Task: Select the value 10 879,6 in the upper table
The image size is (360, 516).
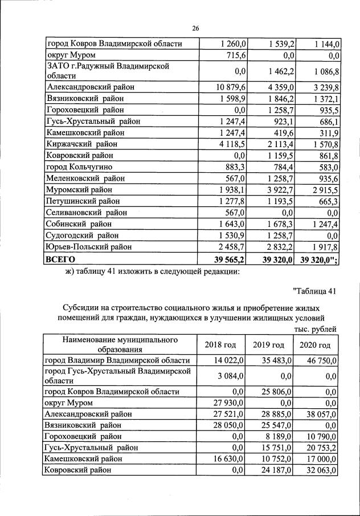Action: coord(231,87)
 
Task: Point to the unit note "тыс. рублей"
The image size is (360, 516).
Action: coord(315,329)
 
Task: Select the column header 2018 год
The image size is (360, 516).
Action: coord(220,345)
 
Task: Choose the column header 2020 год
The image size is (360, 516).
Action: coord(315,345)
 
